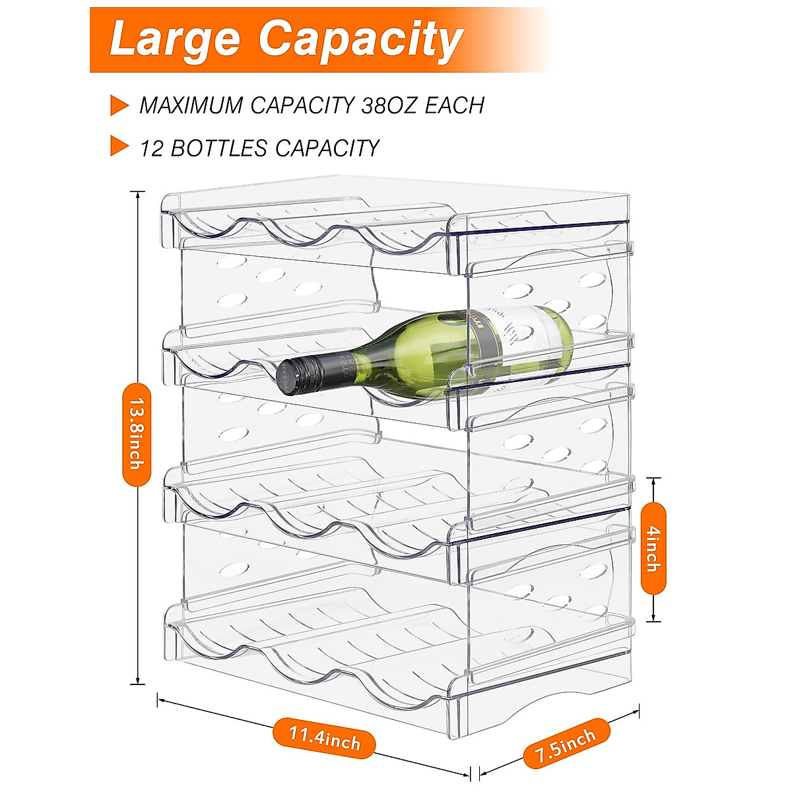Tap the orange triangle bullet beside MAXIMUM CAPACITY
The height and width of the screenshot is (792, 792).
point(119,106)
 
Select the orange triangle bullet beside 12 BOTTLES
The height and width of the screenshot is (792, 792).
point(119,147)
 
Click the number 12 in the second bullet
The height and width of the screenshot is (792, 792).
point(152,148)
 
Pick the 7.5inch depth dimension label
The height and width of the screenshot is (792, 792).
point(566,744)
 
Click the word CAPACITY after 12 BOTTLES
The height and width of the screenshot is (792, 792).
point(327,148)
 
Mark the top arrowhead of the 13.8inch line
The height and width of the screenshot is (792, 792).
point(137,193)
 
